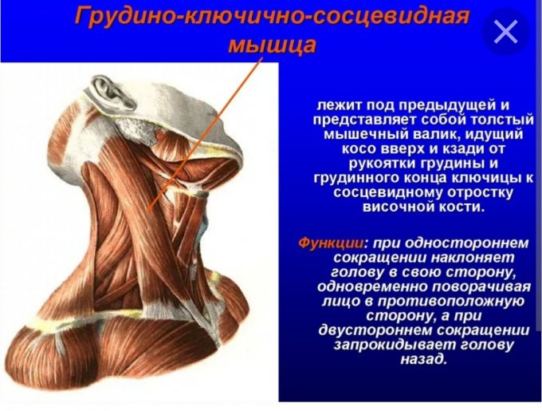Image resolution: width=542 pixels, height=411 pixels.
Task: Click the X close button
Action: click(505, 31)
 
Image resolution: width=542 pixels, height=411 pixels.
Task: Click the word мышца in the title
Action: click(273, 44)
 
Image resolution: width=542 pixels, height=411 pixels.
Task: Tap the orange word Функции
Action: click(332, 243)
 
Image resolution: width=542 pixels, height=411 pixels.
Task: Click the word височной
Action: click(399, 207)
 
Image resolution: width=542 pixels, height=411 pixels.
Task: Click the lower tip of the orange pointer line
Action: click(148, 210)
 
